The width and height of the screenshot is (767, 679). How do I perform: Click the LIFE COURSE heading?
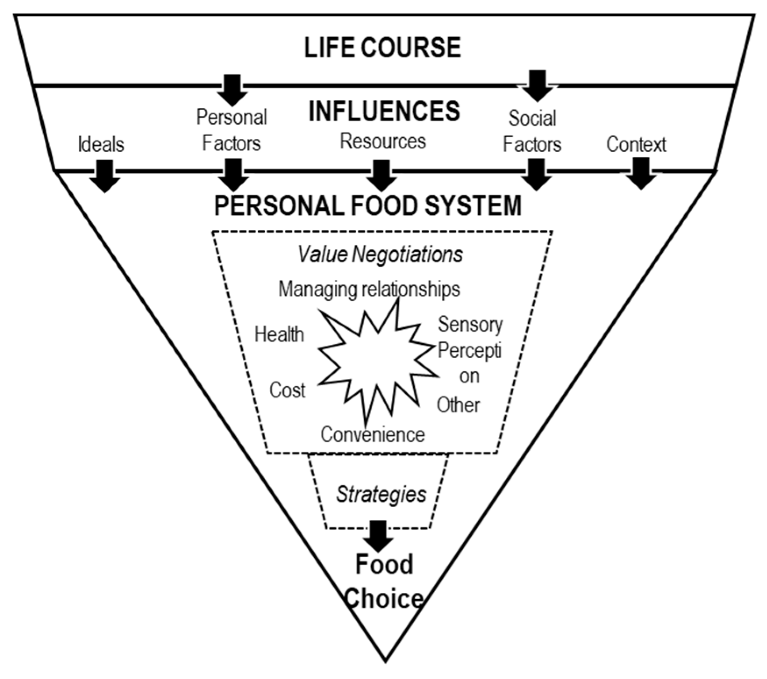[382, 48]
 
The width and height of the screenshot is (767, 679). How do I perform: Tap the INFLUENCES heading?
[384, 111]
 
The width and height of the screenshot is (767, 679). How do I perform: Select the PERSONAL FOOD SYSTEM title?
[368, 205]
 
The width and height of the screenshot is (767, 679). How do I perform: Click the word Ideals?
[101, 144]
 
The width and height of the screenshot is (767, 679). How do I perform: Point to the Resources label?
[383, 141]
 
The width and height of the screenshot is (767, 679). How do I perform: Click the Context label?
[636, 144]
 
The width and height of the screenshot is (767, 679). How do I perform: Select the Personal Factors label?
[231, 130]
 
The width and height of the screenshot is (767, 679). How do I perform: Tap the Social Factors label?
[532, 131]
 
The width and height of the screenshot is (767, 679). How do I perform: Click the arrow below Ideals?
[105, 176]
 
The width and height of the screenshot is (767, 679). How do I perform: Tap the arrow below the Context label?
[641, 173]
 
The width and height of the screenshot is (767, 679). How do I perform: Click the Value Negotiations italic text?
[380, 254]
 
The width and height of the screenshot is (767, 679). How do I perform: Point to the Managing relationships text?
[369, 289]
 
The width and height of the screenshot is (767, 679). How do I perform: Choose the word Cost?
[287, 390]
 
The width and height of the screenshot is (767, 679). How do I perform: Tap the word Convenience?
[373, 435]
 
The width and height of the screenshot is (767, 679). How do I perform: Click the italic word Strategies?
[381, 494]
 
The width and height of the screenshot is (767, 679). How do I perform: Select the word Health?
[279, 335]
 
